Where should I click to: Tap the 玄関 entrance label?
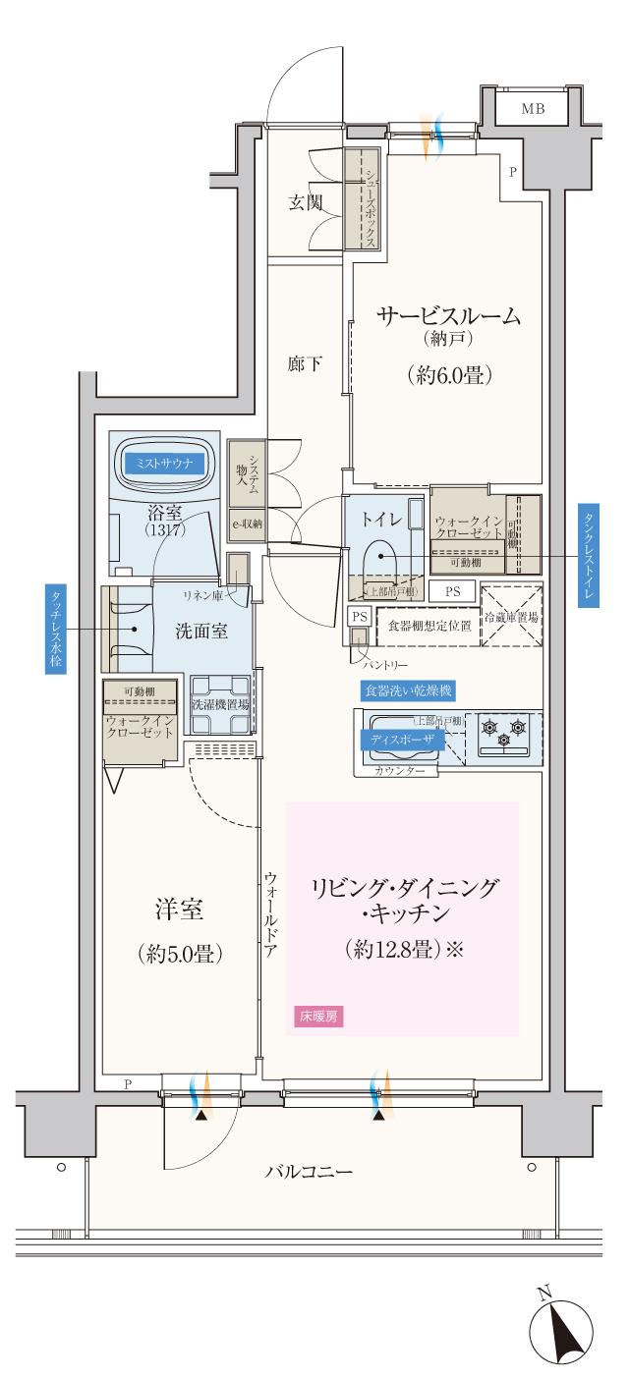(307, 203)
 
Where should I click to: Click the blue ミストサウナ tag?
(163, 462)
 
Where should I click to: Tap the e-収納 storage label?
(246, 524)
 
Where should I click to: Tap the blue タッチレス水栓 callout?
(55, 629)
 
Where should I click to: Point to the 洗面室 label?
(201, 631)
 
